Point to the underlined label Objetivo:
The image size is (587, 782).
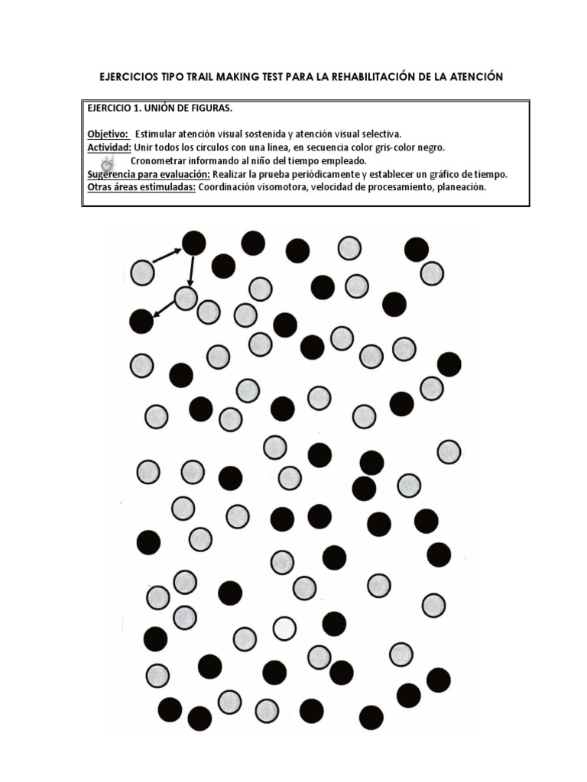pos(108,134)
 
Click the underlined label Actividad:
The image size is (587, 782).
pos(109,147)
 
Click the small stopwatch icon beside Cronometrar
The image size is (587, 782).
pos(108,163)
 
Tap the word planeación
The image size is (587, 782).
pos(456,187)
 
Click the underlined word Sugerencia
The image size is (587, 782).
pos(115,174)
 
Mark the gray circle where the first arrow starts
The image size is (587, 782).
pos(143,272)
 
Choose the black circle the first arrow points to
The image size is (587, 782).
pos(193,244)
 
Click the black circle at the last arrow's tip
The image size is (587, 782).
pos(141,322)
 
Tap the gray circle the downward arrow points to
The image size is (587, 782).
pos(186,298)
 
